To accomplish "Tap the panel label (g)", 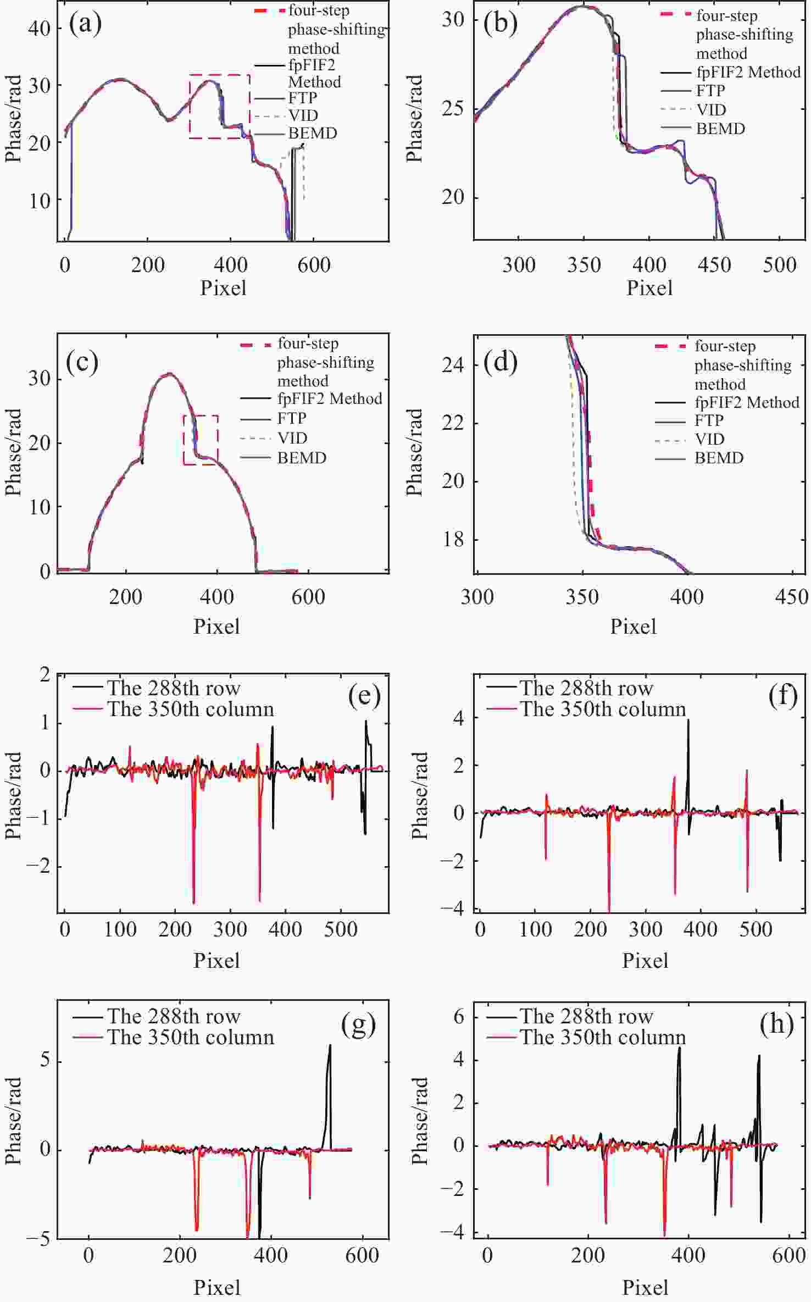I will [x=358, y=1024].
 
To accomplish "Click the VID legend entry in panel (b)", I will [x=711, y=109].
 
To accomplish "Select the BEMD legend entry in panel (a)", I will [x=312, y=133].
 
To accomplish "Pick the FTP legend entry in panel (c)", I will [x=291, y=418].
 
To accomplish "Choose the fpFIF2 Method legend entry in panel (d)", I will [x=747, y=402].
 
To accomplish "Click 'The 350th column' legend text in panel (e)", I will [x=190, y=709].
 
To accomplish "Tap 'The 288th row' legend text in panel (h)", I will [x=586, y=1016].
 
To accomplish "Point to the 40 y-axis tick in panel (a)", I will [x=39, y=28].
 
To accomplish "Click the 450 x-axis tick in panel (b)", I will [x=714, y=265].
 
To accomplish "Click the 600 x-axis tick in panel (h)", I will [x=789, y=1255].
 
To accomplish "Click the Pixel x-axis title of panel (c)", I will [x=216, y=627].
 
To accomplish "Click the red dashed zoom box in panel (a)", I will [x=220, y=75].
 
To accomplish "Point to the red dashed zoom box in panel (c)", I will [x=201, y=416].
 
